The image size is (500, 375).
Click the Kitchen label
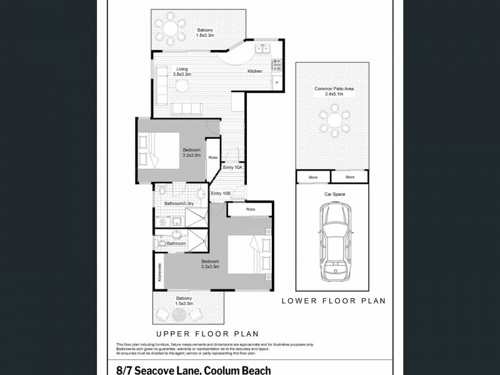[x=254, y=71]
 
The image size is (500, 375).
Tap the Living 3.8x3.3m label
[x=182, y=72]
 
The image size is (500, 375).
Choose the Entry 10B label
[x=221, y=194]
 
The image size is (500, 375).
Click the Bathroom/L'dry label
[x=178, y=204]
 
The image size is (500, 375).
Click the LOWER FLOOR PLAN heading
[x=332, y=301]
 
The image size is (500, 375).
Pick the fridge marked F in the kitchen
[x=276, y=82]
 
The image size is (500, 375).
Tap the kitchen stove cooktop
[x=275, y=64]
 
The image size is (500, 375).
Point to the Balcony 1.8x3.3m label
[x=206, y=33]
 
